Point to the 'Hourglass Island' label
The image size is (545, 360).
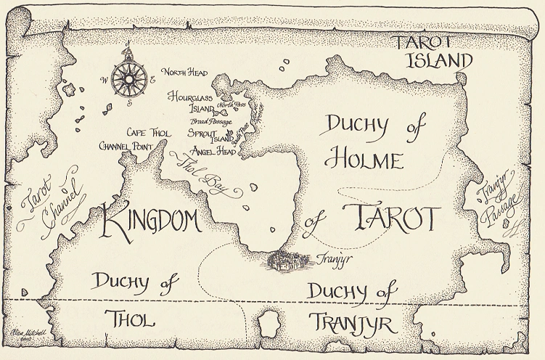(192, 102)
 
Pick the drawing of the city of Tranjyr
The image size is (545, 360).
(290, 260)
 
